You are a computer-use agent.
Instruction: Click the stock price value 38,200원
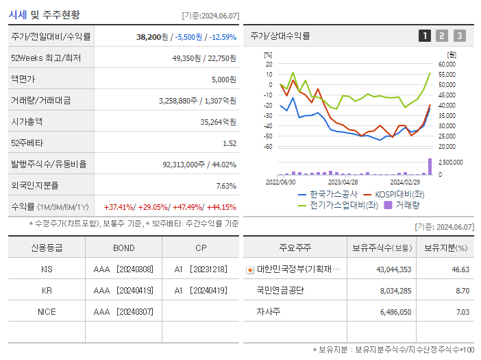[152, 37]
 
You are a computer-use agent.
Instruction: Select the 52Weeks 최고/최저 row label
[46, 58]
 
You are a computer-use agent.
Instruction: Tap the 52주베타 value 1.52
[229, 143]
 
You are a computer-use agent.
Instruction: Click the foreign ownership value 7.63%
[225, 186]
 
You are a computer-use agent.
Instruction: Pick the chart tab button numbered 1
[425, 36]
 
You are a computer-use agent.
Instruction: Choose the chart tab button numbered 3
[459, 36]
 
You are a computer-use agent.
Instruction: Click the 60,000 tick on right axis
[447, 64]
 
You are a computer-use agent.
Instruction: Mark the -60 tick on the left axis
[269, 147]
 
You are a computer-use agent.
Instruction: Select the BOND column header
[123, 248]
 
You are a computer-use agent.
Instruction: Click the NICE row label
[47, 311]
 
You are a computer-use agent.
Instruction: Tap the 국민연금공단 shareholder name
[280, 290]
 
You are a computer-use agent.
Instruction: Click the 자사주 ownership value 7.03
[463, 311]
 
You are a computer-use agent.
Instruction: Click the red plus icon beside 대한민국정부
[249, 269]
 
